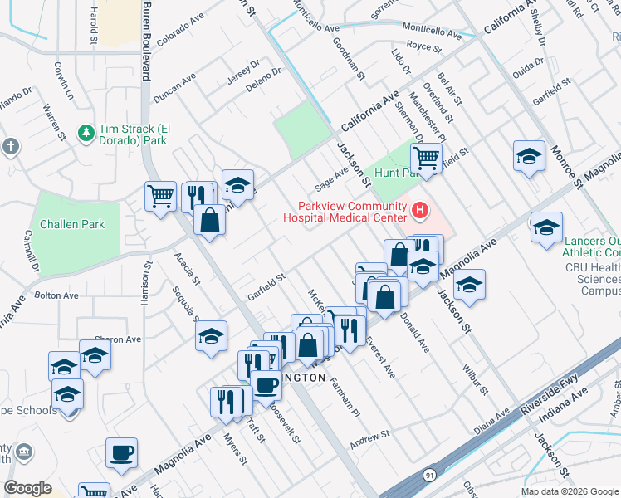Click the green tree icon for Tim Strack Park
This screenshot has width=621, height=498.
86,133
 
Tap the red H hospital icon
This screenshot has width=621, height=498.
420,212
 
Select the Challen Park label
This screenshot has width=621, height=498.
71,224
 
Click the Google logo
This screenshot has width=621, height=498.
28,488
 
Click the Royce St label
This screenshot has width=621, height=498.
424,47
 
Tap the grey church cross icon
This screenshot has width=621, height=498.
10,148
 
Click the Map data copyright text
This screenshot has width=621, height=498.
568,491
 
